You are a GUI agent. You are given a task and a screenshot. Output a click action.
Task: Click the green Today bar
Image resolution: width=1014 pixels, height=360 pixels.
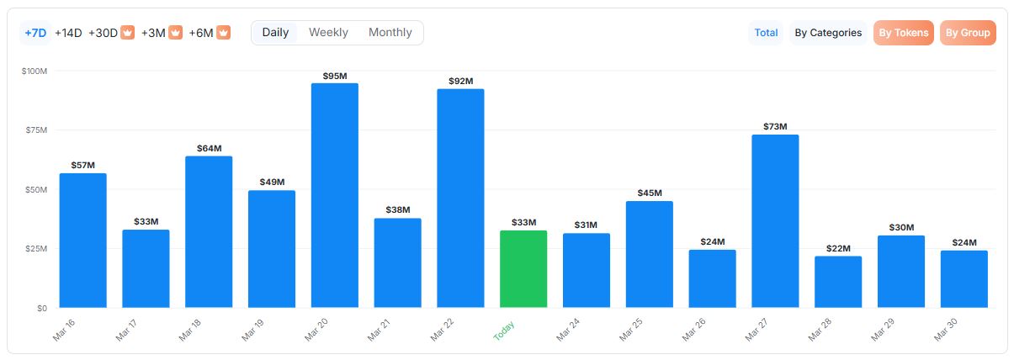(523, 269)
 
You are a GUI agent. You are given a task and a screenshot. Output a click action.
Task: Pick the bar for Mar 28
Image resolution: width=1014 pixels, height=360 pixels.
(838, 282)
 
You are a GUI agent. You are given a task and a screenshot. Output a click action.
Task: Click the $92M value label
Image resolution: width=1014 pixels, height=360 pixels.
(460, 82)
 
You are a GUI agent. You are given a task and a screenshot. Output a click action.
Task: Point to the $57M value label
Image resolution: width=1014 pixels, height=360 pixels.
(83, 166)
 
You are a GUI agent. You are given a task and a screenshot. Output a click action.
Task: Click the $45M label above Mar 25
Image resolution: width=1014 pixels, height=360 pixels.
(650, 193)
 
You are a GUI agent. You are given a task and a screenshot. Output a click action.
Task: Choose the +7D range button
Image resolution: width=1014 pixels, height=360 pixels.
(35, 33)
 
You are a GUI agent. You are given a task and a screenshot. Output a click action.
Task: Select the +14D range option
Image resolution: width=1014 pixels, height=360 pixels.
(68, 33)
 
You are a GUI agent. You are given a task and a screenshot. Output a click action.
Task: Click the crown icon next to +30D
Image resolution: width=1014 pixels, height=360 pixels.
(127, 33)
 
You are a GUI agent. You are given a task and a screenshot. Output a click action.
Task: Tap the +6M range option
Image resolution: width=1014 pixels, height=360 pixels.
(201, 33)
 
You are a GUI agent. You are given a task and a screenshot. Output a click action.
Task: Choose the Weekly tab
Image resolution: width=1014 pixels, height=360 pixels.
(328, 33)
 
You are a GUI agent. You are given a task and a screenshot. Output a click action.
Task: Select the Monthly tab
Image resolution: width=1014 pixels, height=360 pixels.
(390, 33)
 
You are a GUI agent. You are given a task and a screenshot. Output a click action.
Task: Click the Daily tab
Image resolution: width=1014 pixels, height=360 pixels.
(275, 33)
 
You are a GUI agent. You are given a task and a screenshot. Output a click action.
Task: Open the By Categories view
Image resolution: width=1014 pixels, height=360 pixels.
(828, 33)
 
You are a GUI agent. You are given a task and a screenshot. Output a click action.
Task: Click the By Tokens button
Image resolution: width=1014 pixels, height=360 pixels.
(904, 33)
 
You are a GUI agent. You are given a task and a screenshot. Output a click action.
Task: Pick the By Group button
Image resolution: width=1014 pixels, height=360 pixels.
(968, 33)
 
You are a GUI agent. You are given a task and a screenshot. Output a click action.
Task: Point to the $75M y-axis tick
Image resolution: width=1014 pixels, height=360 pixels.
(35, 130)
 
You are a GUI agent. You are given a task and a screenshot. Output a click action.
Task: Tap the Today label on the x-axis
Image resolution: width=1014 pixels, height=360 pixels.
(505, 330)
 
